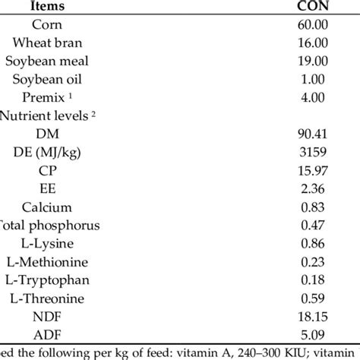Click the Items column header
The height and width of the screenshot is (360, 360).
[68, 6]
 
